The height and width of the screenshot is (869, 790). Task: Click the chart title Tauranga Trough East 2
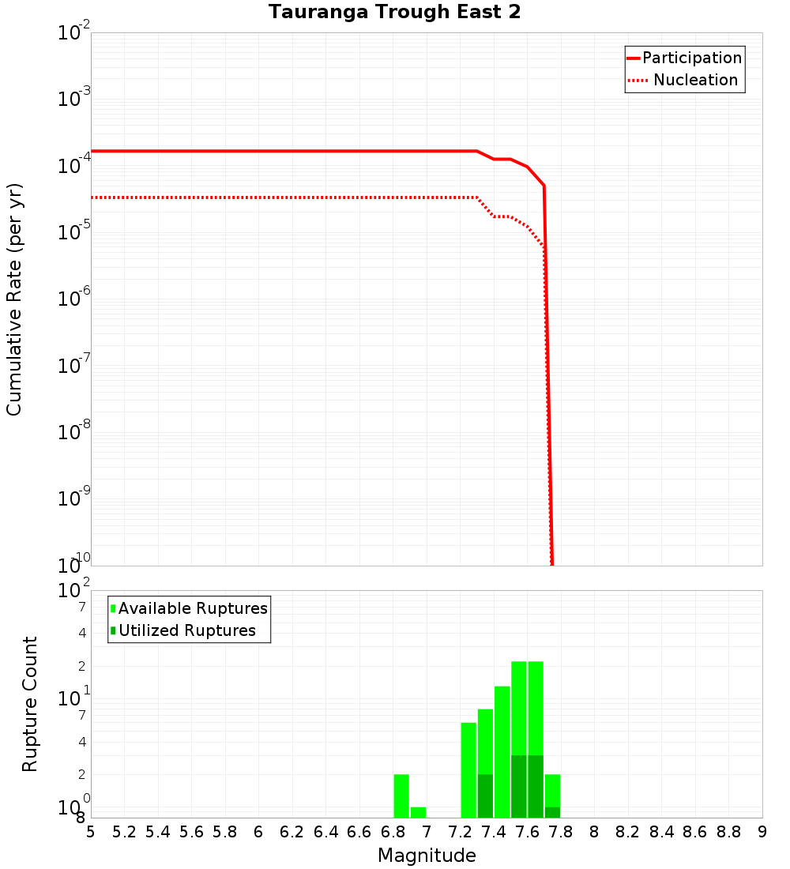pos(394,12)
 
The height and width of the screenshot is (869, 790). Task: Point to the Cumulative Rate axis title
pos(14,299)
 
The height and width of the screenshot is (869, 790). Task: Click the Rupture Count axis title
pos(30,704)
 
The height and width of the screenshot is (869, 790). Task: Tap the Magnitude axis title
pos(427,856)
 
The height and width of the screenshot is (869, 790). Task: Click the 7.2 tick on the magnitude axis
pos(460,831)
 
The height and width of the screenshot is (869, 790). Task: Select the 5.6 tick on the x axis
pos(191,831)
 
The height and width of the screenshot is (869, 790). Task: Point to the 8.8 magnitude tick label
pos(728,831)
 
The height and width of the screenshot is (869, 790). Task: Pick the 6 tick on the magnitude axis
pos(258,831)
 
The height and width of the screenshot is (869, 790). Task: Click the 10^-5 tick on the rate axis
pos(73,232)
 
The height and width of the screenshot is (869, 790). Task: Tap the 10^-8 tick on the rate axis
pos(73,432)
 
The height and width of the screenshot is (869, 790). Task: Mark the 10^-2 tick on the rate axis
pos(73,33)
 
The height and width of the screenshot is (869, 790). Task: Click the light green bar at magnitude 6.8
pos(401,796)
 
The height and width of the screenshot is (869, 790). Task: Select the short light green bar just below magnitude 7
pos(418,812)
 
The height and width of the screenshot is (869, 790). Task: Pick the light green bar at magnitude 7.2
pos(468,770)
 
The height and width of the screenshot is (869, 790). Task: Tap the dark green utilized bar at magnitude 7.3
pos(485,796)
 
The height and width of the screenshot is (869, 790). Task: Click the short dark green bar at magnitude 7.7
pos(552,812)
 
